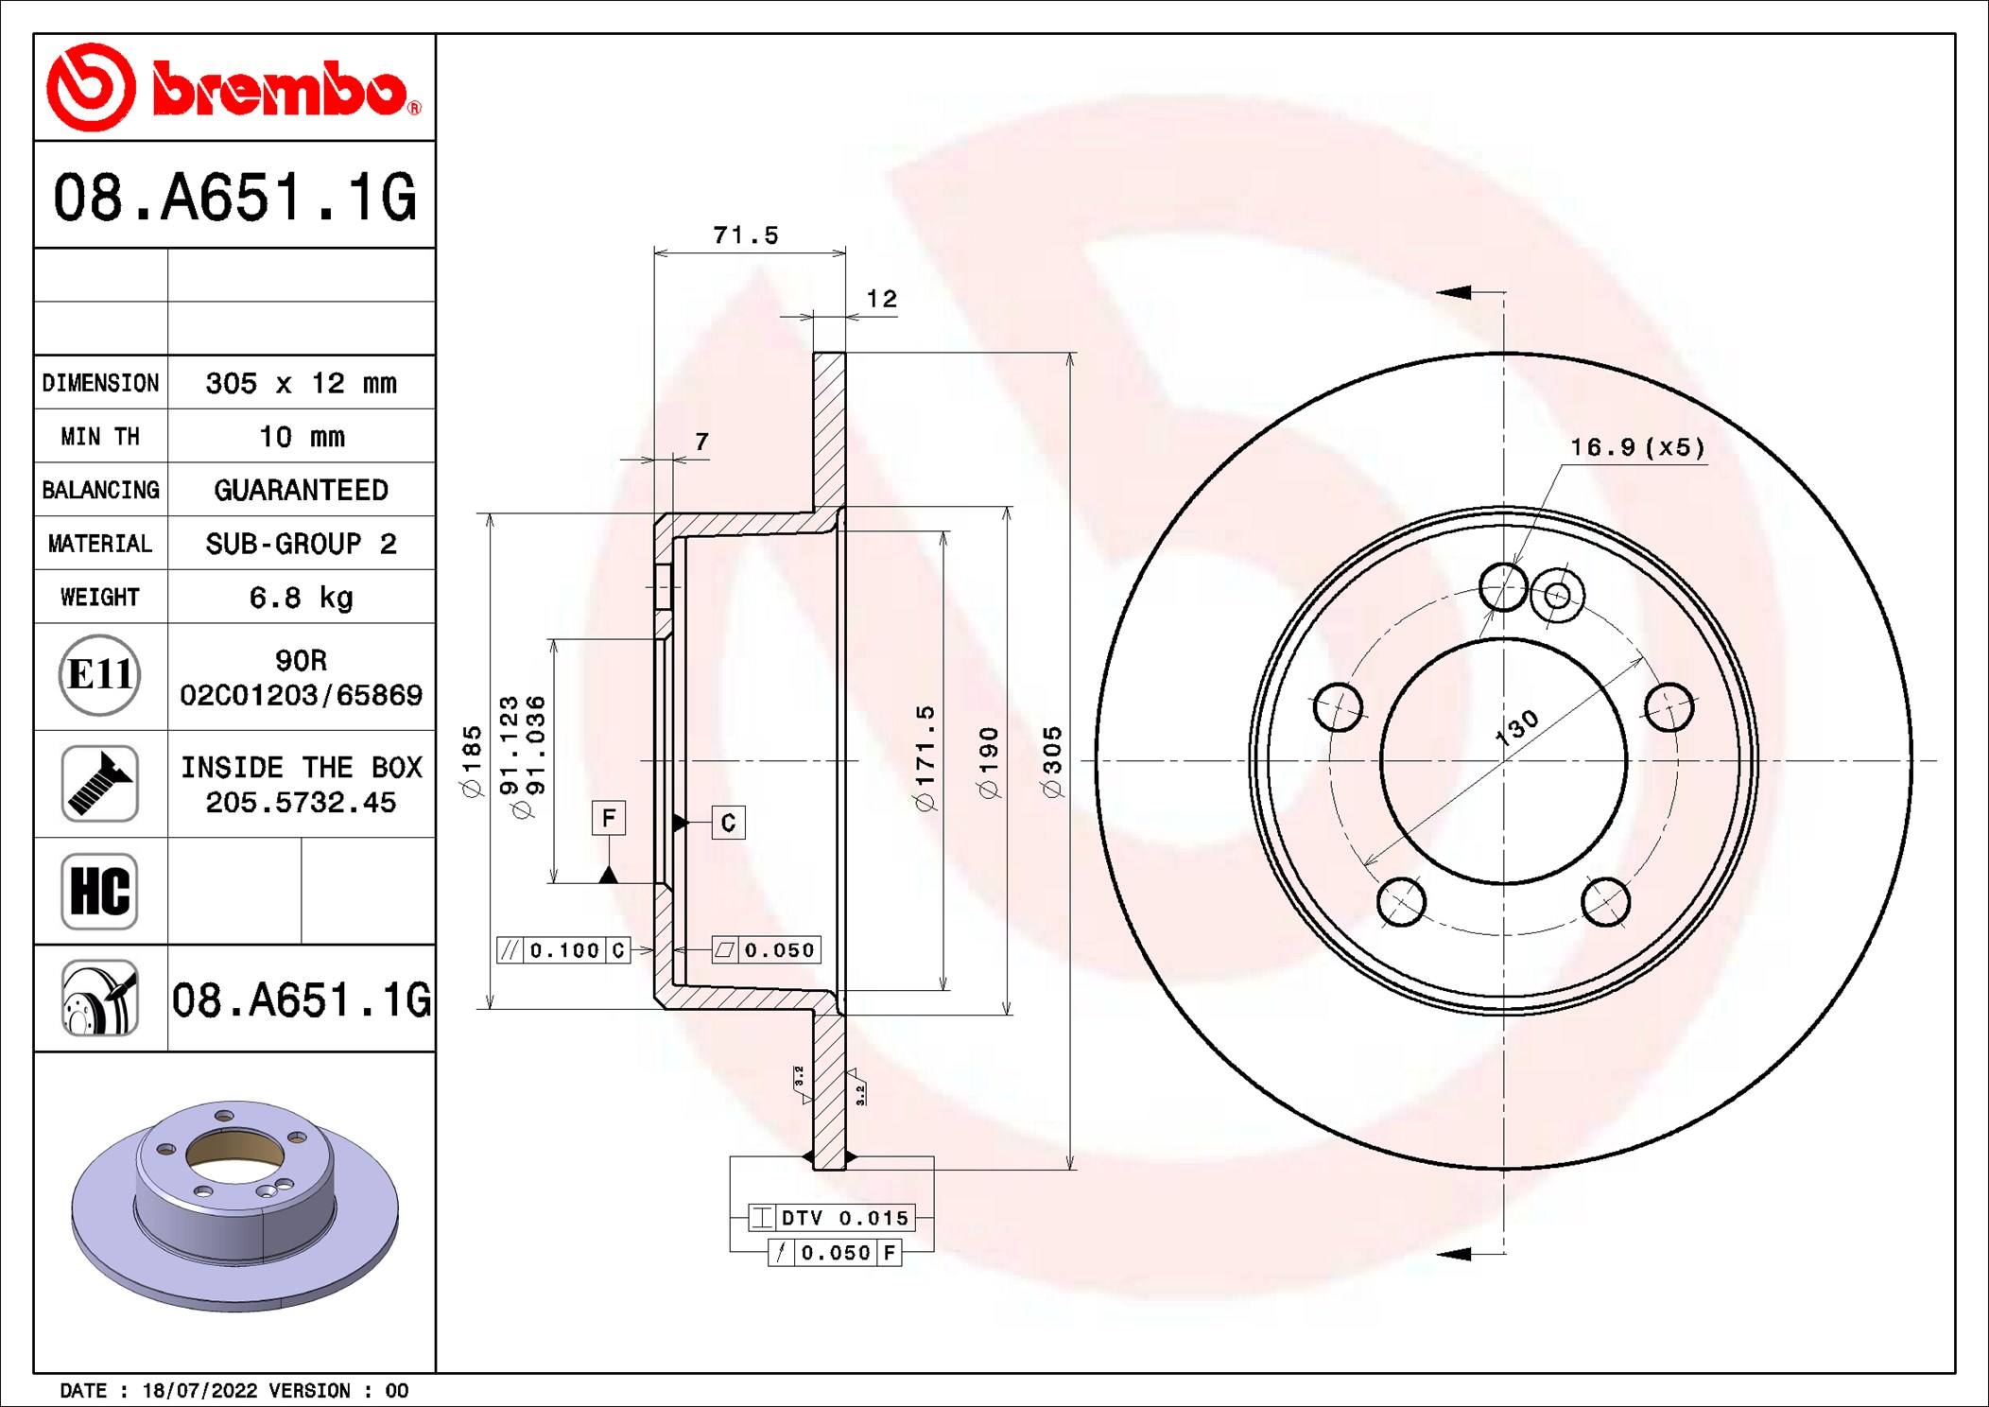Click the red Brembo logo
(234, 87)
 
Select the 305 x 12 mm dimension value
(301, 383)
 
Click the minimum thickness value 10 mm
(302, 437)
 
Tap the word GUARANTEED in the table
(301, 490)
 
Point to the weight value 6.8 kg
(301, 598)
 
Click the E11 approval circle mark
(99, 675)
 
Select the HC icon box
(99, 891)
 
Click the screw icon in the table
(99, 783)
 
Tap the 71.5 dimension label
(746, 235)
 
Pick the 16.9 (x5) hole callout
(1638, 447)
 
